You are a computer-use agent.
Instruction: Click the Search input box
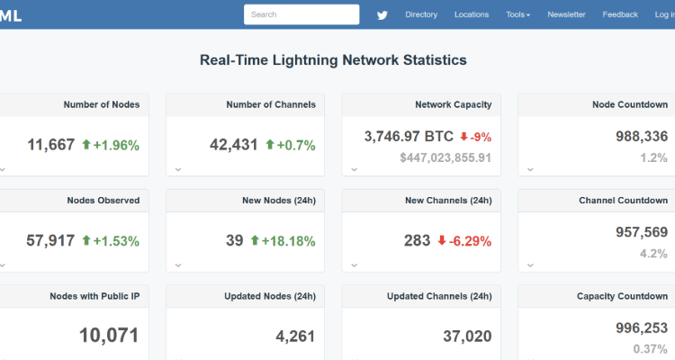click(x=301, y=14)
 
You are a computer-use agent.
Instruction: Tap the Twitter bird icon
click(x=382, y=14)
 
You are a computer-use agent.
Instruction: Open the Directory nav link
click(x=421, y=14)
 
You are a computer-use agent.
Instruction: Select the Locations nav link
click(x=472, y=14)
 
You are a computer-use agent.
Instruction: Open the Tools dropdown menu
click(x=517, y=14)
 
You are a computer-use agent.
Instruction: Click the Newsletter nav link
click(x=566, y=14)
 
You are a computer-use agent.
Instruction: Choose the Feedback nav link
click(x=620, y=14)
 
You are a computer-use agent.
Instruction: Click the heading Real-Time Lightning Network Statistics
click(x=333, y=60)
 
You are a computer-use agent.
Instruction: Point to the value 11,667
click(x=51, y=144)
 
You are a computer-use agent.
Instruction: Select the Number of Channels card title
click(x=271, y=104)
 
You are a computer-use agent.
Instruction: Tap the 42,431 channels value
click(x=234, y=144)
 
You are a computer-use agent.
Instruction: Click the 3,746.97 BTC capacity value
click(x=409, y=137)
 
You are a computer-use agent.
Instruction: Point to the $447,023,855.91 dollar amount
click(x=445, y=157)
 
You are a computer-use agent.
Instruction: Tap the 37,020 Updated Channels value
click(x=467, y=336)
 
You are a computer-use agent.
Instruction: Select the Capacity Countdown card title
click(x=623, y=296)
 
